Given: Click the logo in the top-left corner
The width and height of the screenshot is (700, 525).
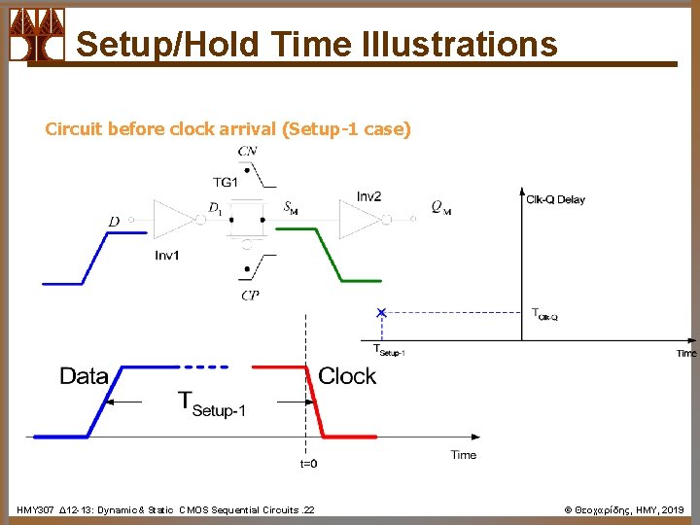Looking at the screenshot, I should tap(37, 35).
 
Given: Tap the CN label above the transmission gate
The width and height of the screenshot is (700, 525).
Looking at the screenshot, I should tap(248, 152).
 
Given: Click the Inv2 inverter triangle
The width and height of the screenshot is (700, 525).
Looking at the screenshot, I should tap(361, 220).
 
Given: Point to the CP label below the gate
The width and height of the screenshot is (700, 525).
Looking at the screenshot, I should tap(251, 296).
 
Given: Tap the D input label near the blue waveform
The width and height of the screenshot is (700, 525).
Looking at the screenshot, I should tap(114, 222).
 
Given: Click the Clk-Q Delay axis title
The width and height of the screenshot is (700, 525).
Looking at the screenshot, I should tap(555, 199).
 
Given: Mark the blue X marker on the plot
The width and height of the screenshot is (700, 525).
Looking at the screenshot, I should tap(381, 312).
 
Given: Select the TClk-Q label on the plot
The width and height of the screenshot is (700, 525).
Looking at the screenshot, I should tap(544, 314).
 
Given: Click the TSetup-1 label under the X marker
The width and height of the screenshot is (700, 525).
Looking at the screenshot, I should tap(389, 350).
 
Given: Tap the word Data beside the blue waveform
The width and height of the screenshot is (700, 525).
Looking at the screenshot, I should tap(84, 376).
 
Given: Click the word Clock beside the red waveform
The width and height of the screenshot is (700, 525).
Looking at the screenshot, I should tap(347, 376).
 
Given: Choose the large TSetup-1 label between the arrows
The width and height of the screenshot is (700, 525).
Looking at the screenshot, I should tap(211, 402).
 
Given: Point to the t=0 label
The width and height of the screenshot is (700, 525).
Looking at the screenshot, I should tap(307, 464).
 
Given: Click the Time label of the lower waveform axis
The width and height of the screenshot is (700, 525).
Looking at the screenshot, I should tap(464, 454).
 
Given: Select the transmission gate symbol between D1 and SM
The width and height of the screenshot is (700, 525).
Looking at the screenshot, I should tap(248, 221).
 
